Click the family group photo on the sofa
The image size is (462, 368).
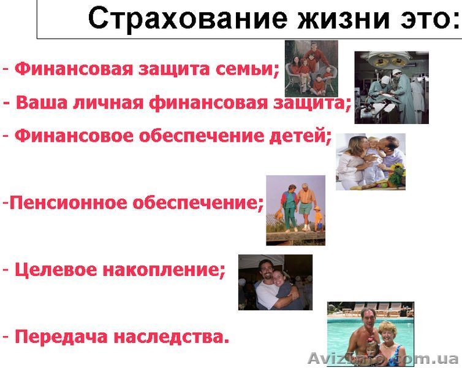311,68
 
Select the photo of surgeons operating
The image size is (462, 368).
392,87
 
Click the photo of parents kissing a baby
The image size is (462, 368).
370,161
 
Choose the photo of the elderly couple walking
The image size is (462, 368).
295,210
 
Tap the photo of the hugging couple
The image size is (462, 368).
275,282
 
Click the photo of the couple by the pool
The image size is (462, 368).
370,334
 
